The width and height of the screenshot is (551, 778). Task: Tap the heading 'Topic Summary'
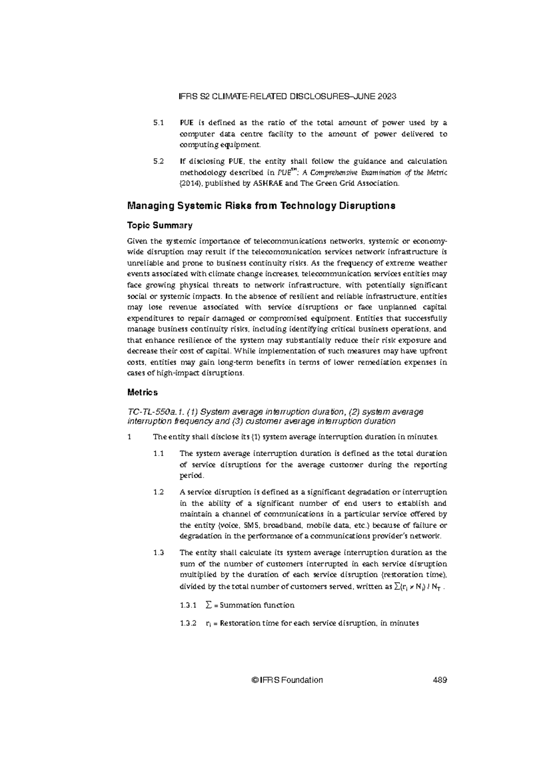(x=159, y=225)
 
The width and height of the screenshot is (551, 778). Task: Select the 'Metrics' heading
(x=142, y=393)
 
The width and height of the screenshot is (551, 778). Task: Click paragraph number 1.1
(x=158, y=454)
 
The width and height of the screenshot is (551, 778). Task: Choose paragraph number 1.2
(x=158, y=492)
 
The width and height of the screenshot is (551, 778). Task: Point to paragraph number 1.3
(x=158, y=553)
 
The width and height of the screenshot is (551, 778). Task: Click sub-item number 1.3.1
(x=188, y=605)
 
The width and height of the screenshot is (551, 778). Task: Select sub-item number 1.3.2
(x=188, y=623)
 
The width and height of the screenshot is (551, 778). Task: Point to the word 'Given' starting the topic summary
(x=137, y=241)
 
